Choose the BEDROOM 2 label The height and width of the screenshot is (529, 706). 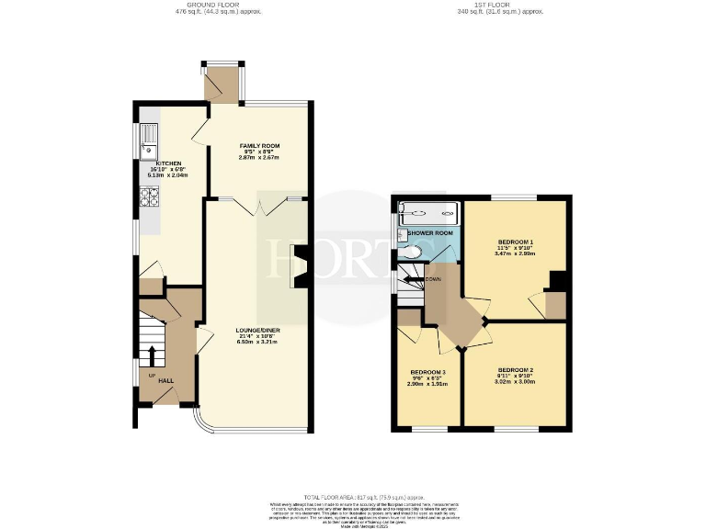(x=514, y=370)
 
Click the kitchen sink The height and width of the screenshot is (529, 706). (x=149, y=141)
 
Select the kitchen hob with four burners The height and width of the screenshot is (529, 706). (x=149, y=197)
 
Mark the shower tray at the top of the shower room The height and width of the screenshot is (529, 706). (x=428, y=213)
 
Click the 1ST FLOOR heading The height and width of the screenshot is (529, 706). (x=500, y=5)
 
